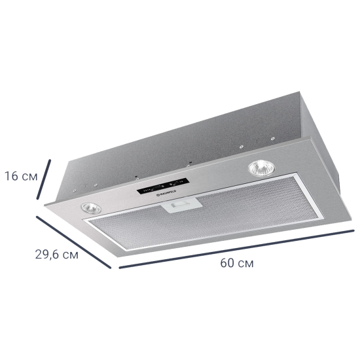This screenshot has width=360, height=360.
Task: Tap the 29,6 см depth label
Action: click(56, 255)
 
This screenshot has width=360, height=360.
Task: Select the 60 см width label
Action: click(236, 263)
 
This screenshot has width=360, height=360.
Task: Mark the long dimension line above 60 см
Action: click(236, 247)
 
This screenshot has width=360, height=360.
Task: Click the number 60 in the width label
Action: click(226, 263)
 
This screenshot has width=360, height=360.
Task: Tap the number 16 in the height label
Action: click(11, 176)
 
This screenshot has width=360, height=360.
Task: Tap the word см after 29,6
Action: click(70, 255)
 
